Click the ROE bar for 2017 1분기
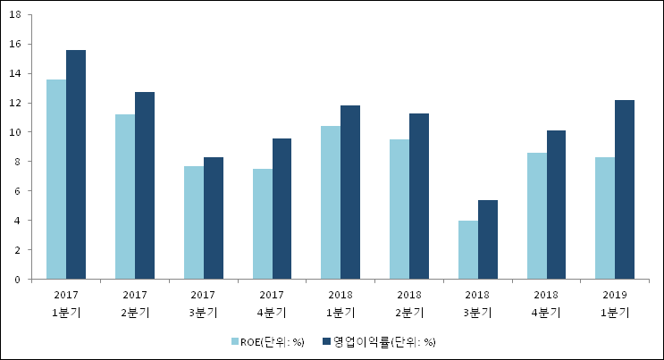[x=56, y=180]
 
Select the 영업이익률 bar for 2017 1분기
[x=76, y=164]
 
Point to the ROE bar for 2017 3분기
[x=194, y=222]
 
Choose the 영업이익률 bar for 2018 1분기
[x=350, y=192]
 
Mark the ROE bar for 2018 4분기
[x=537, y=215]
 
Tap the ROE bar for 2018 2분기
[x=399, y=209]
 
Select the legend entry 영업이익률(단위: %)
[x=384, y=341]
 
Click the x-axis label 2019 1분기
[x=615, y=303]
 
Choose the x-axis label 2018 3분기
[x=478, y=303]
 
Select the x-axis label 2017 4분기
[x=273, y=303]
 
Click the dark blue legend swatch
[x=327, y=341]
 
